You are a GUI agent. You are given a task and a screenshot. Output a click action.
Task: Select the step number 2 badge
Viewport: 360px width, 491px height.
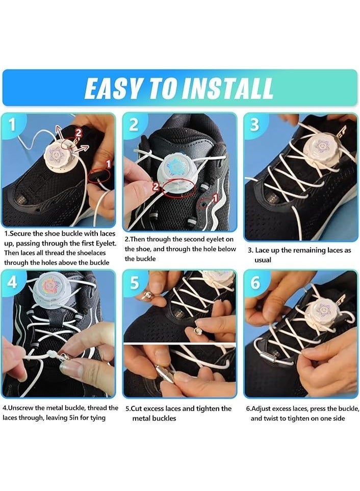pos(134,125)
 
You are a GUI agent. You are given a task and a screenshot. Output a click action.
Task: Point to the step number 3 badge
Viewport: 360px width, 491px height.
pos(254,125)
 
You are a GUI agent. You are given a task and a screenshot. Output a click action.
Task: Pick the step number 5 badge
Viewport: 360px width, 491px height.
pos(134,283)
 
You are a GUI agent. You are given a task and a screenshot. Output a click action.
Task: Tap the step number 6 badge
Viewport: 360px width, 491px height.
pos(255,282)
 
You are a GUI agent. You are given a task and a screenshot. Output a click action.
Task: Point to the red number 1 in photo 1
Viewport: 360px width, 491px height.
pos(109,164)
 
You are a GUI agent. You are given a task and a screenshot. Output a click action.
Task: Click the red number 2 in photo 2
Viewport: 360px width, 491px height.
pos(156,187)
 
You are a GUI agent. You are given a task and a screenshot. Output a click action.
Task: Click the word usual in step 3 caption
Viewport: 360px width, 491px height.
pos(263,260)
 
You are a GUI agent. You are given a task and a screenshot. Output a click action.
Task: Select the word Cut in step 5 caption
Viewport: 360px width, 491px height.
pos(136,409)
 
